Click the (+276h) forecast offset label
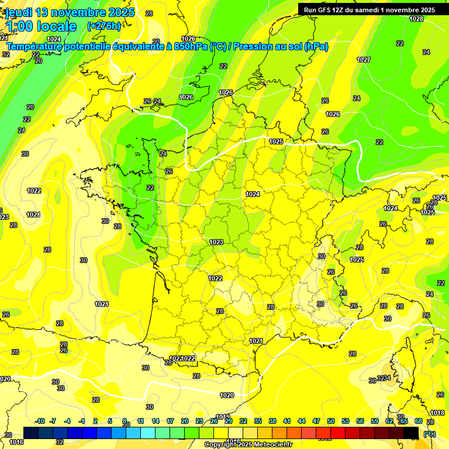pyautogui.click(x=103, y=26)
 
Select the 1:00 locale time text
pyautogui.click(x=41, y=26)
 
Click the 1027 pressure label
pyautogui.click(x=364, y=60)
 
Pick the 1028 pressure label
pyautogui.click(x=416, y=19)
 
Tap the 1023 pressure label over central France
pyautogui.click(x=216, y=242)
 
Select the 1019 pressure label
pyautogui.click(x=223, y=417)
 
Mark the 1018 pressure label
pyautogui.click(x=437, y=413)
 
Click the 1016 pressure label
pyautogui.click(x=16, y=442)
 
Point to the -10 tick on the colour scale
pyautogui.click(x=40, y=421)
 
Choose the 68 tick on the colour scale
pyautogui.click(x=418, y=421)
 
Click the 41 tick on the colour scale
pyautogui.click(x=287, y=421)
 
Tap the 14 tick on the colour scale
pyautogui.click(x=156, y=421)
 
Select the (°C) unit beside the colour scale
pyautogui.click(x=430, y=433)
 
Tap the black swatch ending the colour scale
pyautogui.click(x=411, y=433)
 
